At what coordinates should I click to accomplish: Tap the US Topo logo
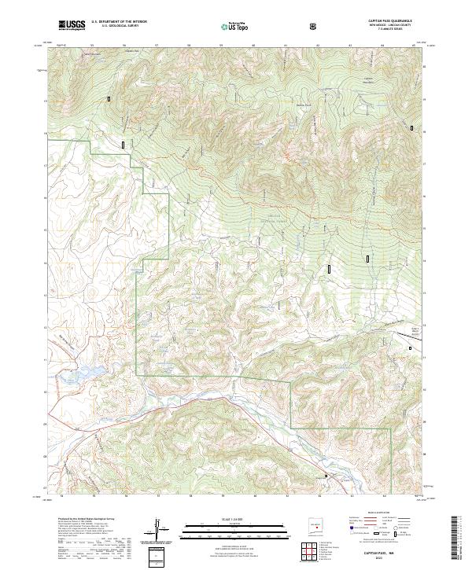pos(235,26)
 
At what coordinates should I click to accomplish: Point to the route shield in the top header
pos(315,27)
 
